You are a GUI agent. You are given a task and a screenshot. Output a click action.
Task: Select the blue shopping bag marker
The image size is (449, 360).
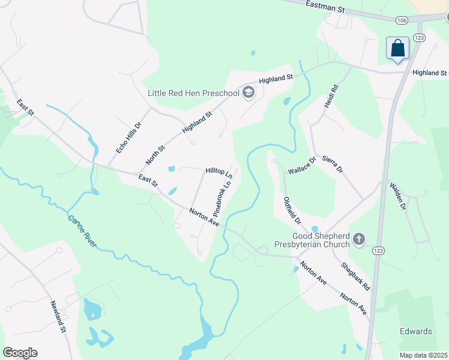point(397,48)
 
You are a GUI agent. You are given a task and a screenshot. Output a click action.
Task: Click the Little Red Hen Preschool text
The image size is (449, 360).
point(193,93)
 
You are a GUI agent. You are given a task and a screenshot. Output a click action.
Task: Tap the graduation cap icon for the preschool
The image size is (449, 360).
point(249,92)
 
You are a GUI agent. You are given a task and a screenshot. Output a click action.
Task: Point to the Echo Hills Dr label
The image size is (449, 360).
point(128,139)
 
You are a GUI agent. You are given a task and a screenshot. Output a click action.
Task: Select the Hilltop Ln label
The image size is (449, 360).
point(218,171)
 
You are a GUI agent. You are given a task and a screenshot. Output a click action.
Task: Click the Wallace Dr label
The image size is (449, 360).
point(301,166)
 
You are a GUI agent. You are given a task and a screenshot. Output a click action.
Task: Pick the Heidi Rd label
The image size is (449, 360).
point(331,96)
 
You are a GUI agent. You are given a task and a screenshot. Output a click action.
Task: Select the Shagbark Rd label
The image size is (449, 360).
point(355,275)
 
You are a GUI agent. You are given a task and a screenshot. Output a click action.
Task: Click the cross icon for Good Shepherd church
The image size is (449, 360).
point(358,240)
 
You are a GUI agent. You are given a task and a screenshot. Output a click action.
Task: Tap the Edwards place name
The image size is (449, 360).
point(415,331)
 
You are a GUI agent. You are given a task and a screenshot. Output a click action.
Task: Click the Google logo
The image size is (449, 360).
point(20,353)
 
